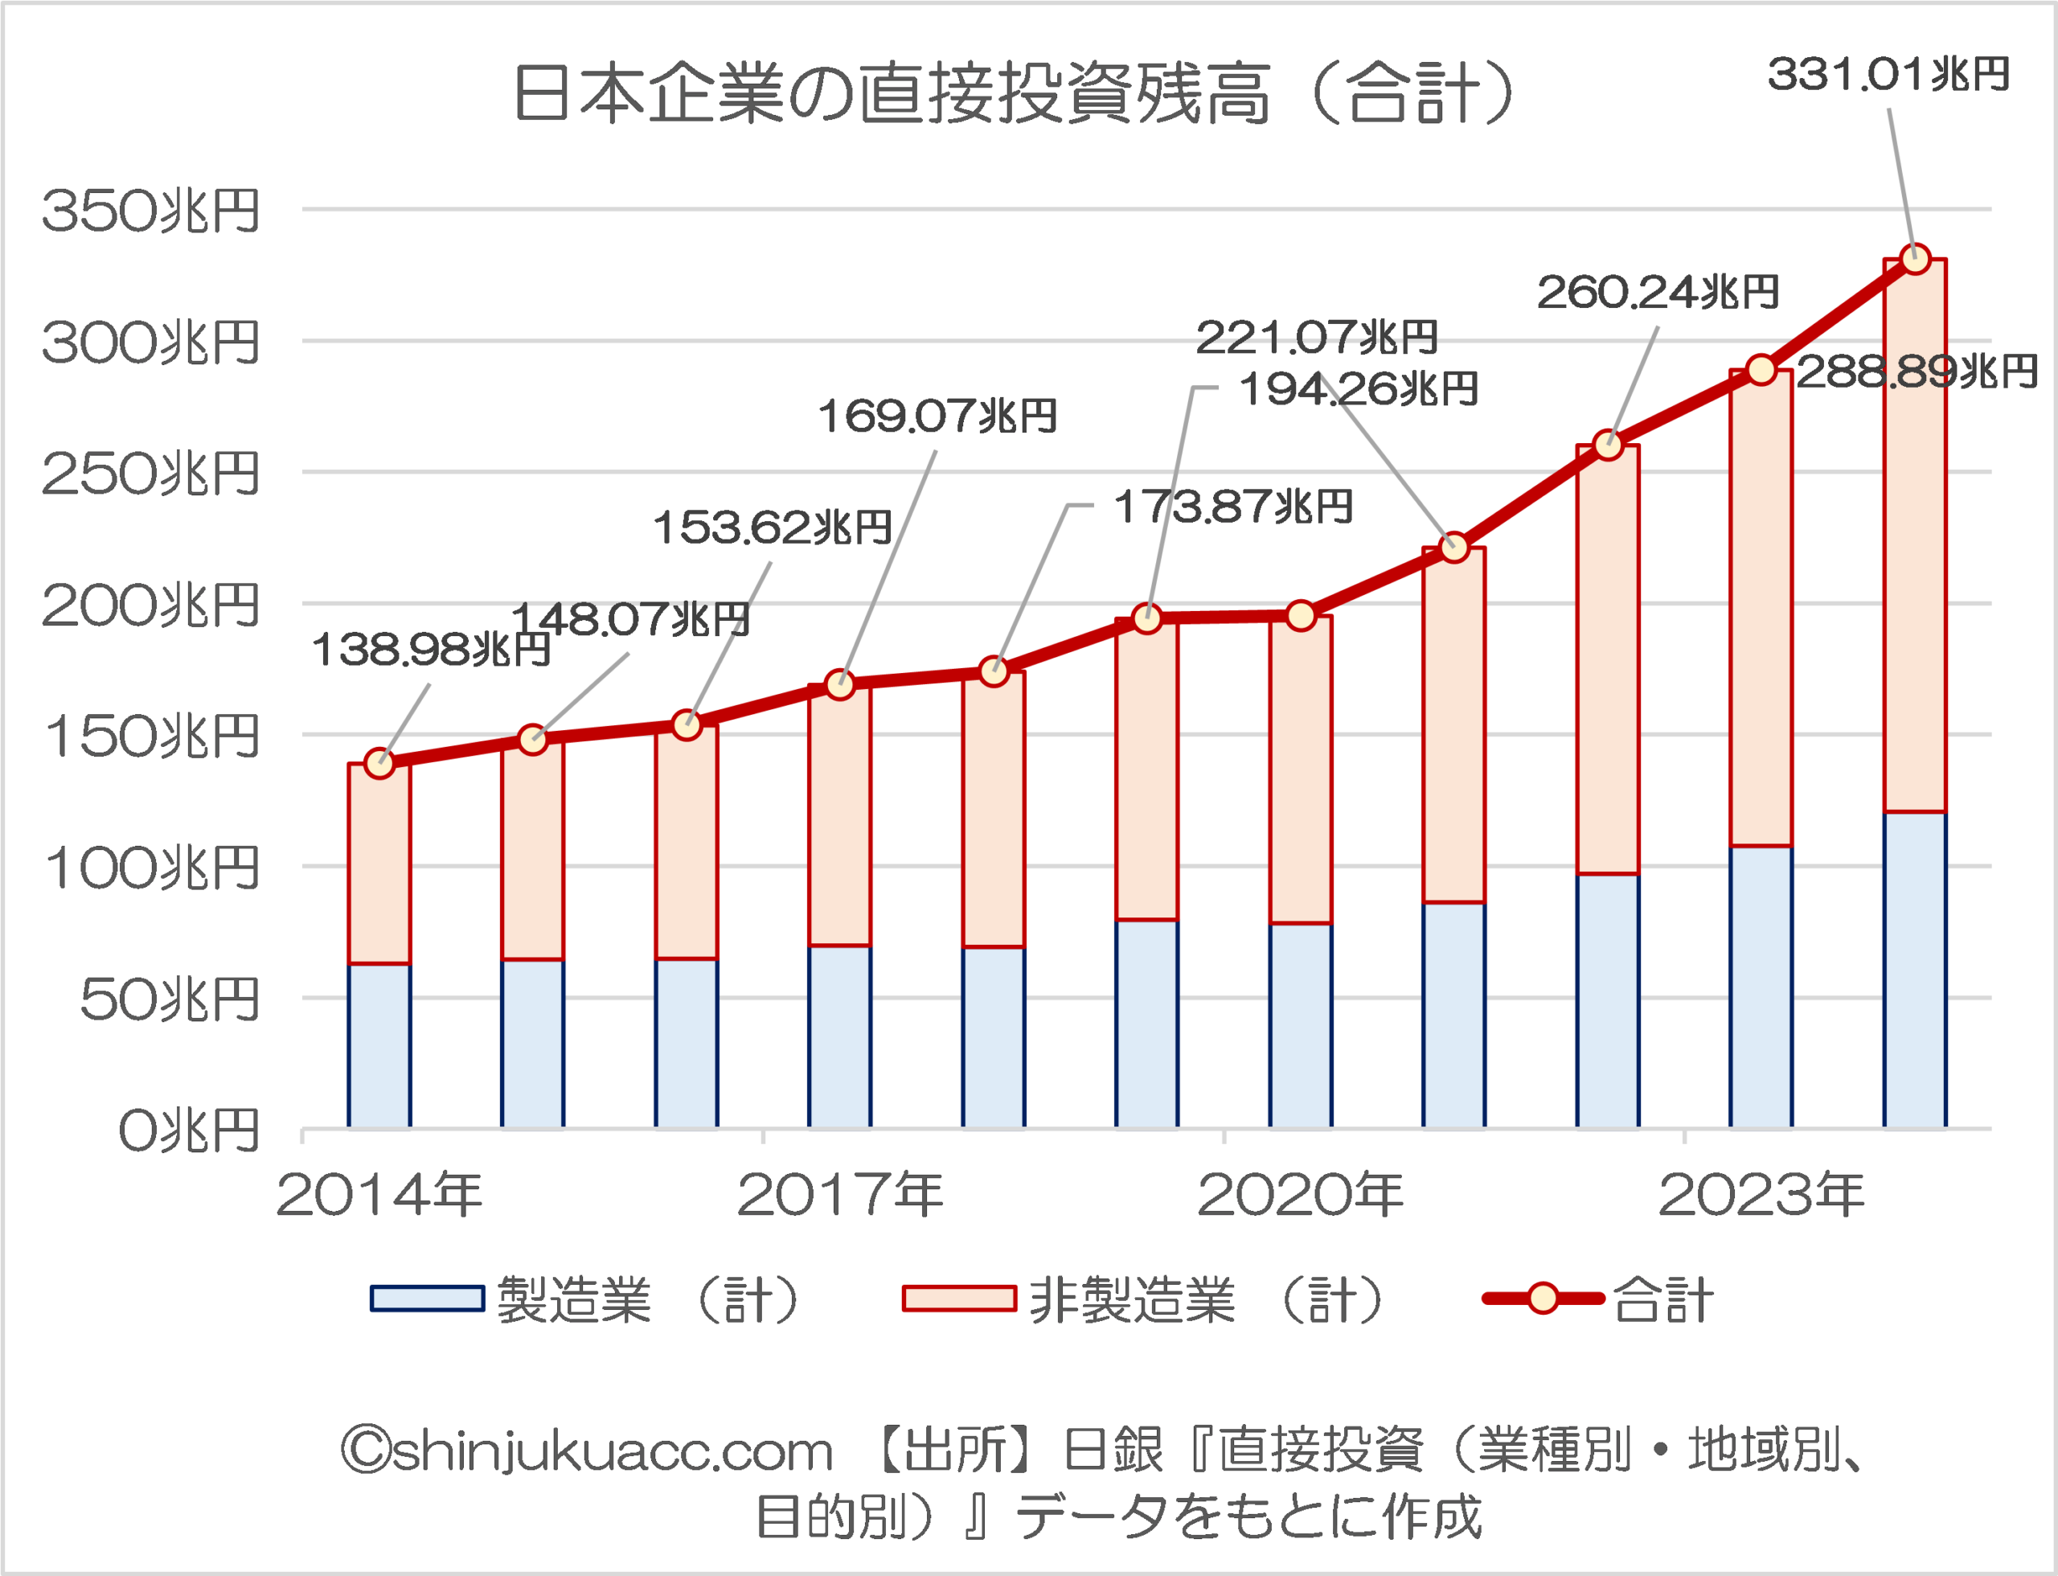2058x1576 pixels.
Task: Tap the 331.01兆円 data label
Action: point(1888,75)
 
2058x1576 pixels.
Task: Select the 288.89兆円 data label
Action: point(1917,372)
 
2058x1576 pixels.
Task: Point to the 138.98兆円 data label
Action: point(431,650)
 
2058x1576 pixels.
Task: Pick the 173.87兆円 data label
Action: point(1232,507)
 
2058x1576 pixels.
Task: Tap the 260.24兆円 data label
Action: point(1658,293)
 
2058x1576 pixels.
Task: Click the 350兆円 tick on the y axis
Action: point(150,211)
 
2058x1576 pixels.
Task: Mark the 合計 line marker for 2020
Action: point(1301,615)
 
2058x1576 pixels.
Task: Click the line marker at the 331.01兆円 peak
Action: point(1914,259)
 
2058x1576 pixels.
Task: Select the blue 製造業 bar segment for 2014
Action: point(379,1045)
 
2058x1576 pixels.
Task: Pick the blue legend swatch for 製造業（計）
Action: point(428,1299)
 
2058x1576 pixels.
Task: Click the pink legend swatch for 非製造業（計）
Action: point(958,1299)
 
